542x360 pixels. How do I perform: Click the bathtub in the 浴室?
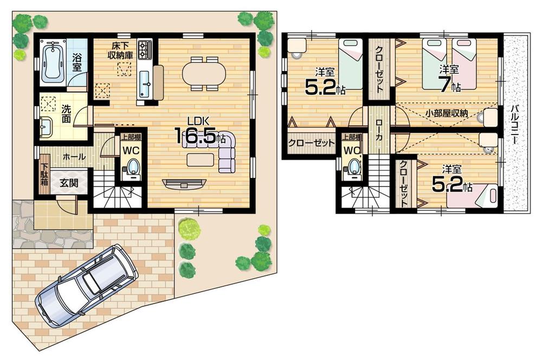[x=53, y=61]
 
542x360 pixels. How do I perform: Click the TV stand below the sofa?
[x=184, y=183]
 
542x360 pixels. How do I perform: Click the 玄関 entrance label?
[x=69, y=183]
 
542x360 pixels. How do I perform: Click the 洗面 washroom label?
[x=64, y=113]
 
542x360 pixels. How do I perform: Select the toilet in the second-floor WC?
[x=353, y=167]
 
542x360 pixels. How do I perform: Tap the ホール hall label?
[x=74, y=157]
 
